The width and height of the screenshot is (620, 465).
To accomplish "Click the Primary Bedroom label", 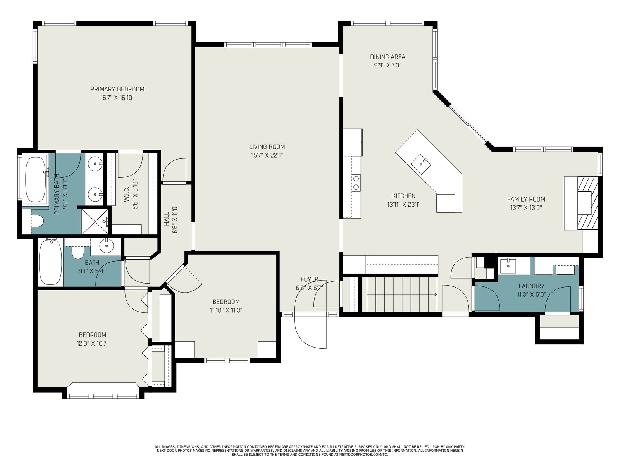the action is (117, 89).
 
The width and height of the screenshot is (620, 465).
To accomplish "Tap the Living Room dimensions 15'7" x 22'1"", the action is (267, 155).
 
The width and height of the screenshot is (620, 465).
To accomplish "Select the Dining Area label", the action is (387, 57).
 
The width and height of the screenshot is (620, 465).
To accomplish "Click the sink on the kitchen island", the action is (421, 164).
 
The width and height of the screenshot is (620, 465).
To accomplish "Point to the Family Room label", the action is (526, 199).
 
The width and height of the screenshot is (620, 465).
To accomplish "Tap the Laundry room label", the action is (531, 286).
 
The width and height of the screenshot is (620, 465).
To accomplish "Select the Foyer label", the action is (309, 279).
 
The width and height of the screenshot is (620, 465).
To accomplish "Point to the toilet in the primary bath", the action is (37, 220).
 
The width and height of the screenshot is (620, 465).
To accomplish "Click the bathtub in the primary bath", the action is (36, 179).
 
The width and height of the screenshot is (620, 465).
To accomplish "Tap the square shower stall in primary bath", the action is (95, 222).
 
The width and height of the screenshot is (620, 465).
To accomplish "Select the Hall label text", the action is (166, 219).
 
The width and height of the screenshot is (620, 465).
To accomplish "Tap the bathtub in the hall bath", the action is (50, 262).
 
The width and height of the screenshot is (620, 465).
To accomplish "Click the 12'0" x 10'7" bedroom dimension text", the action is (92, 344).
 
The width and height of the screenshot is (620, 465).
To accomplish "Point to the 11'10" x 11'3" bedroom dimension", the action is (226, 310).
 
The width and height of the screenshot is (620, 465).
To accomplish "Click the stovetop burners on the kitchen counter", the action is (356, 183).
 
